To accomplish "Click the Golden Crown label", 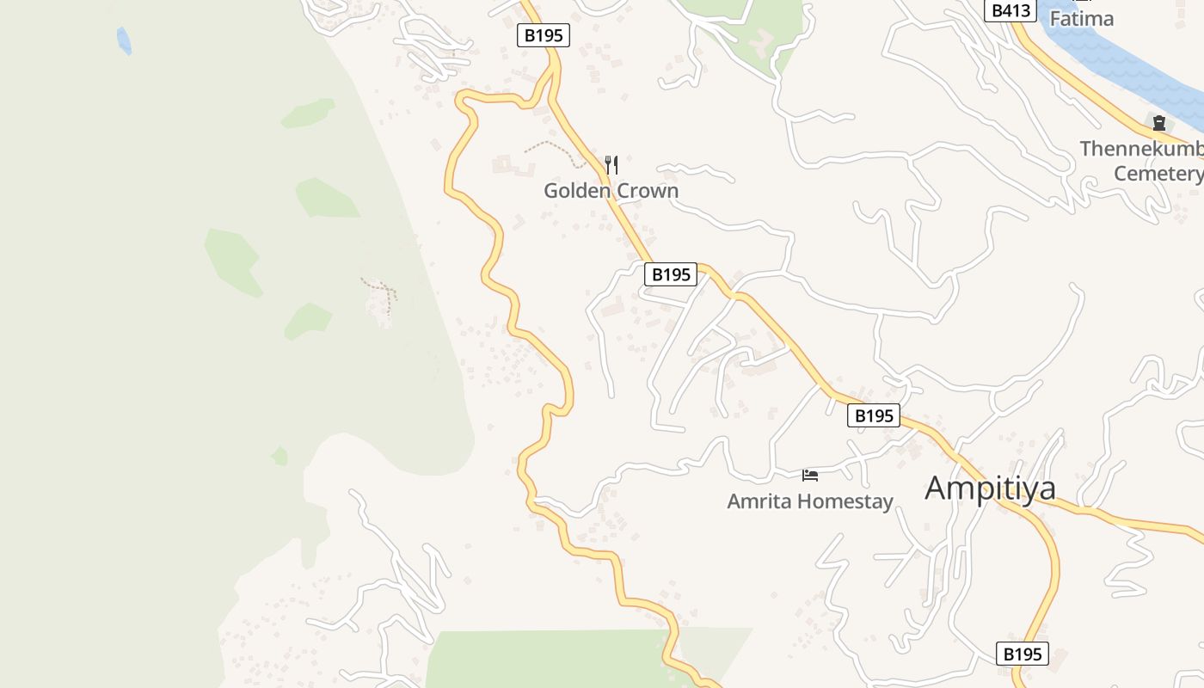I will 611,190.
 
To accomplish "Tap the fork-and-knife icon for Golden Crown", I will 611,163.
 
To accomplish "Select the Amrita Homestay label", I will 810,501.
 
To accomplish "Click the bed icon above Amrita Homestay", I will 809,475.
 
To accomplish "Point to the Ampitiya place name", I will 990,488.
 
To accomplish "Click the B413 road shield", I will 1009,10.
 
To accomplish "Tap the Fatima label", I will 1081,18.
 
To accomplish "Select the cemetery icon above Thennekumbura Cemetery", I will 1158,123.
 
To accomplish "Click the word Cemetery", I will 1158,173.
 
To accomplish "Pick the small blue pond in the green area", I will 124,40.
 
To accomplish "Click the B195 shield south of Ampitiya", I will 1023,654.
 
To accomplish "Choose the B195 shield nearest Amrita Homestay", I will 874,415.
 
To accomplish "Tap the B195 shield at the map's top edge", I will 544,35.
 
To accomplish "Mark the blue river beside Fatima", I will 1127,60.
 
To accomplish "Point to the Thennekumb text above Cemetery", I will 1140,149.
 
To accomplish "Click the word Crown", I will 648,190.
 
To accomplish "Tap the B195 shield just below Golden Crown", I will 670,274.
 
